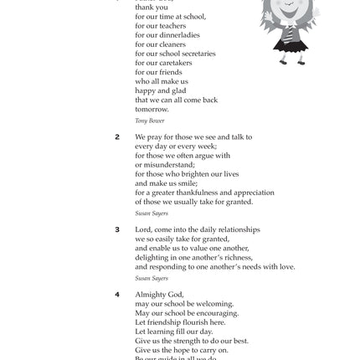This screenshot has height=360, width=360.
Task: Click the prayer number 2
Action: point(117,136)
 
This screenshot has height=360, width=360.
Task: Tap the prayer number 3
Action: point(117,229)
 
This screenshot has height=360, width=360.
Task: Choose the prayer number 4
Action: point(117,294)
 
